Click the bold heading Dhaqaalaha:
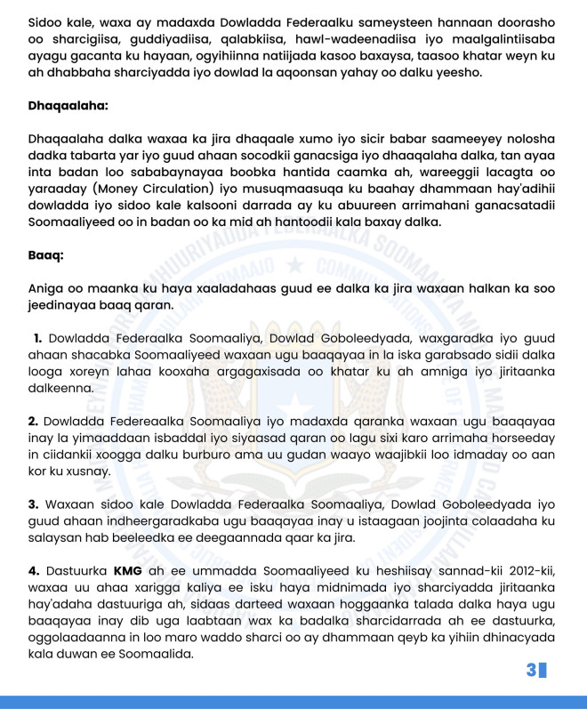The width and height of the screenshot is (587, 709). click(68, 106)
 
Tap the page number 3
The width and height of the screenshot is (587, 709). click(531, 670)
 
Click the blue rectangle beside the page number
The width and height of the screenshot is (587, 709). click(543, 670)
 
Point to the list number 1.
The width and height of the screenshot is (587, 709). click(37, 338)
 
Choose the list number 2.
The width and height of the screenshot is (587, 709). click(33, 421)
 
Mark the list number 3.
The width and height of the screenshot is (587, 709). click(33, 504)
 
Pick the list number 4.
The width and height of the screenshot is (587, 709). click(33, 570)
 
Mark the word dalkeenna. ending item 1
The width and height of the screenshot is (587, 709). click(63, 388)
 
